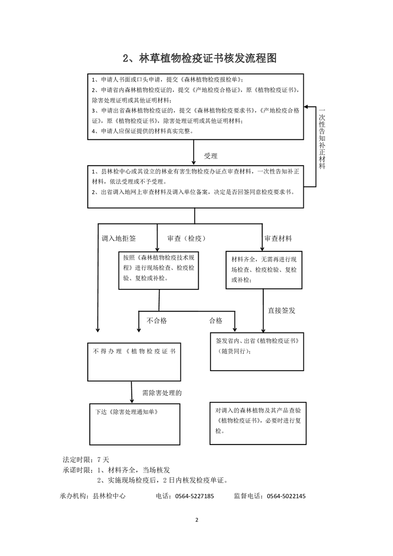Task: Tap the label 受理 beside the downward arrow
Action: [211, 156]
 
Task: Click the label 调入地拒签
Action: [118, 238]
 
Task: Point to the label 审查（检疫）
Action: [186, 238]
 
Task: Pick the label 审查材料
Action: [278, 238]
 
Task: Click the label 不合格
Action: [157, 321]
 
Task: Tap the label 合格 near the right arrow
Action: [216, 321]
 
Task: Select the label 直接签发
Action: [281, 310]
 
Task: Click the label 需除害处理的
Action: [162, 393]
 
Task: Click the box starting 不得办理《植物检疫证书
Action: [133, 361]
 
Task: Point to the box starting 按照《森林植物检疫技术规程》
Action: [159, 270]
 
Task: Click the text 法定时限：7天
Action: [82, 459]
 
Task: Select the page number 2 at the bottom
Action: [197, 520]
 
